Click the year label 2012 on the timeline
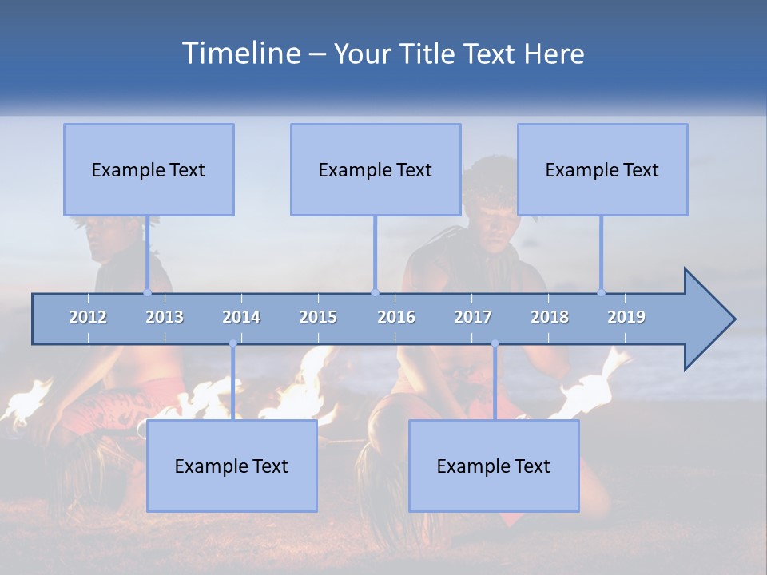(x=88, y=317)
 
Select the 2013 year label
(x=165, y=317)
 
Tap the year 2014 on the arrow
(x=241, y=317)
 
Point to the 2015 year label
(x=318, y=317)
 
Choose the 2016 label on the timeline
(x=396, y=317)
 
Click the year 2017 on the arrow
(x=473, y=317)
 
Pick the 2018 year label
(x=550, y=317)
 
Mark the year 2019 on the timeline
(x=626, y=317)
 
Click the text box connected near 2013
(x=149, y=169)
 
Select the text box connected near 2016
(x=376, y=169)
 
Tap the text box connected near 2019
(x=602, y=169)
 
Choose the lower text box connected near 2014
(x=232, y=466)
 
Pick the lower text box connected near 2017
(x=494, y=466)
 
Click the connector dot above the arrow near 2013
(x=147, y=292)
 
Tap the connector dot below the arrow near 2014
(x=232, y=344)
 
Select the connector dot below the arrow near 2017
(x=495, y=344)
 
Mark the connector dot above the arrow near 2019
(x=601, y=292)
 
